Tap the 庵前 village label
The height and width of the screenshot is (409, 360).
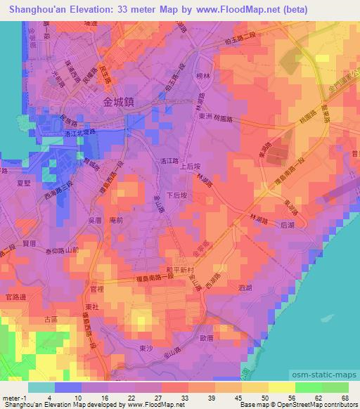[x=117, y=220]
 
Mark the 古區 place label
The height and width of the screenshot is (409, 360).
[x=51, y=320]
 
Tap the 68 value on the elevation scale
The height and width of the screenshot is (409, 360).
[x=346, y=398]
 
